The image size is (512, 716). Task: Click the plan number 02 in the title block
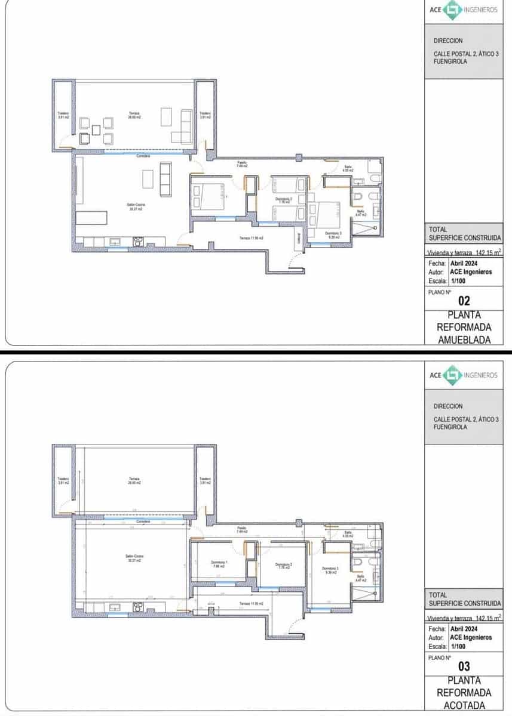point(464,301)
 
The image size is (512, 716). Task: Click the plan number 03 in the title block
point(464,666)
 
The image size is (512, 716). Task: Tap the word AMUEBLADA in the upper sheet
point(464,340)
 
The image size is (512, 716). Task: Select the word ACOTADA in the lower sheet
point(464,705)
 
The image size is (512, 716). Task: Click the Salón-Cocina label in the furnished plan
point(134,205)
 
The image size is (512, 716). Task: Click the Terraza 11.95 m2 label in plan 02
point(252,238)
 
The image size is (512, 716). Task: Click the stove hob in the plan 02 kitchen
point(138,241)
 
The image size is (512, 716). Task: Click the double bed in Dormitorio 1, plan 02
point(207,197)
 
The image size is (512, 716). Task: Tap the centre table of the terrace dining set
point(96,129)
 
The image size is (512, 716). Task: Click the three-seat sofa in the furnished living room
point(165,180)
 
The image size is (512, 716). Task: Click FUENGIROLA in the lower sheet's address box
point(450,427)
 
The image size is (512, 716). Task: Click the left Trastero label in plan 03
point(63,480)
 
